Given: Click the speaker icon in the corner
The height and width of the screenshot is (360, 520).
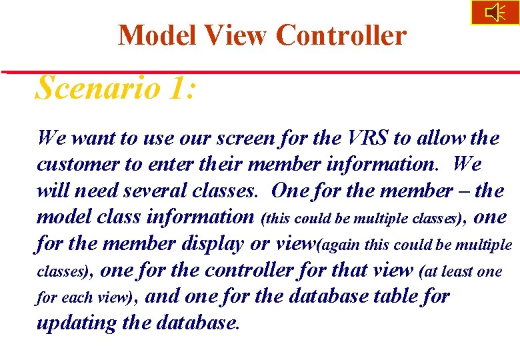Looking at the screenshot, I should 495,13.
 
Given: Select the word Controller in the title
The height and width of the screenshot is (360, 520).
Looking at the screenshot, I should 341,35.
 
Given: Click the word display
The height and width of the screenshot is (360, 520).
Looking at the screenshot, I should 212,244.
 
